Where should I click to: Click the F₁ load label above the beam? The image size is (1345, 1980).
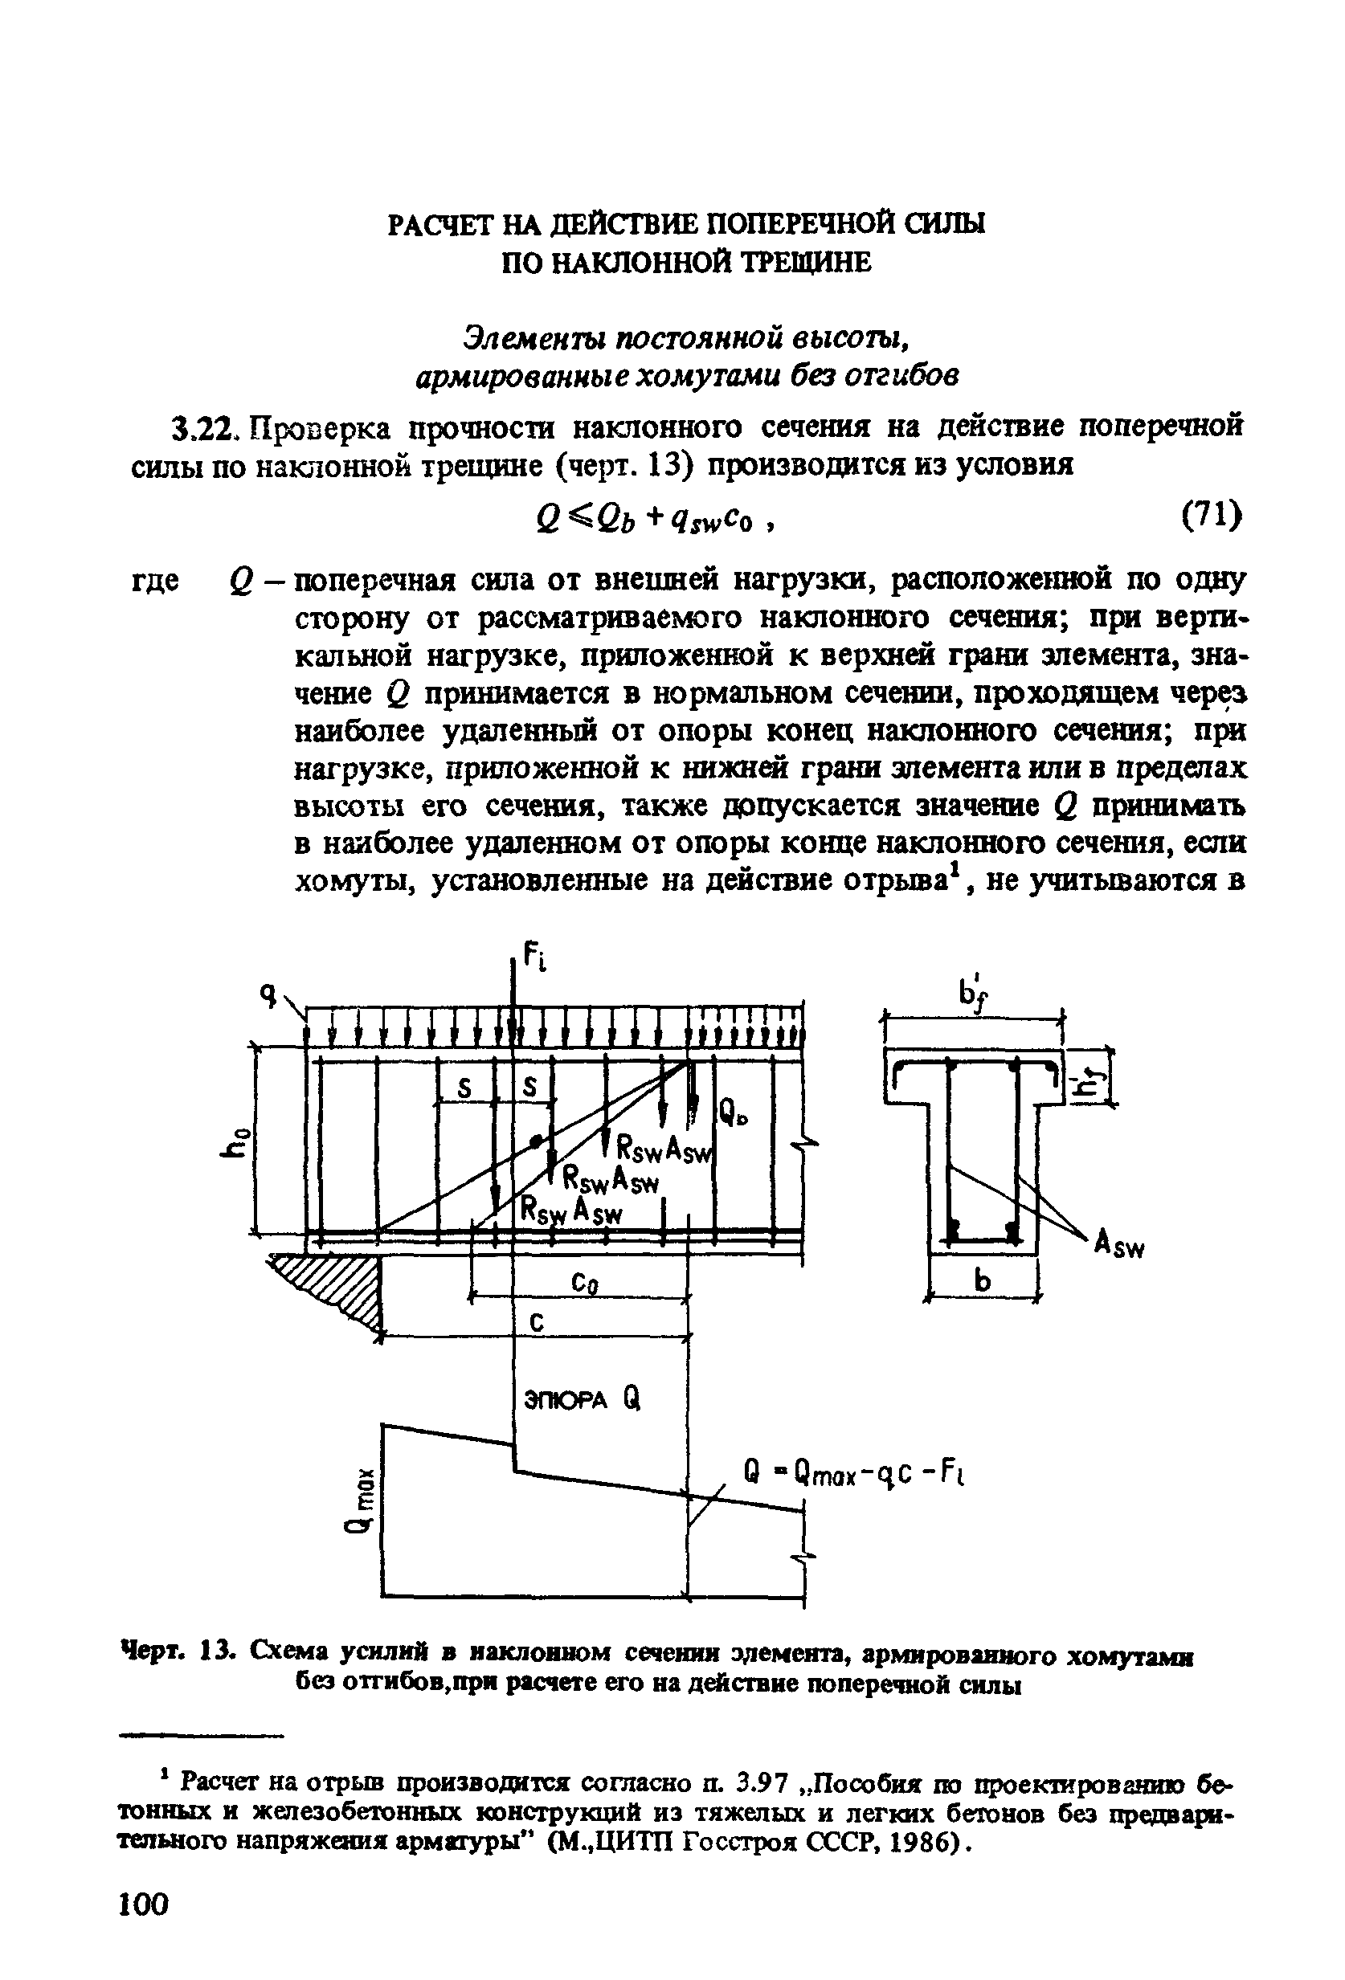534,957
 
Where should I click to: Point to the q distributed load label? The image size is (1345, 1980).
271,994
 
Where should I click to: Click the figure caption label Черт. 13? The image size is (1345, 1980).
174,1654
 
